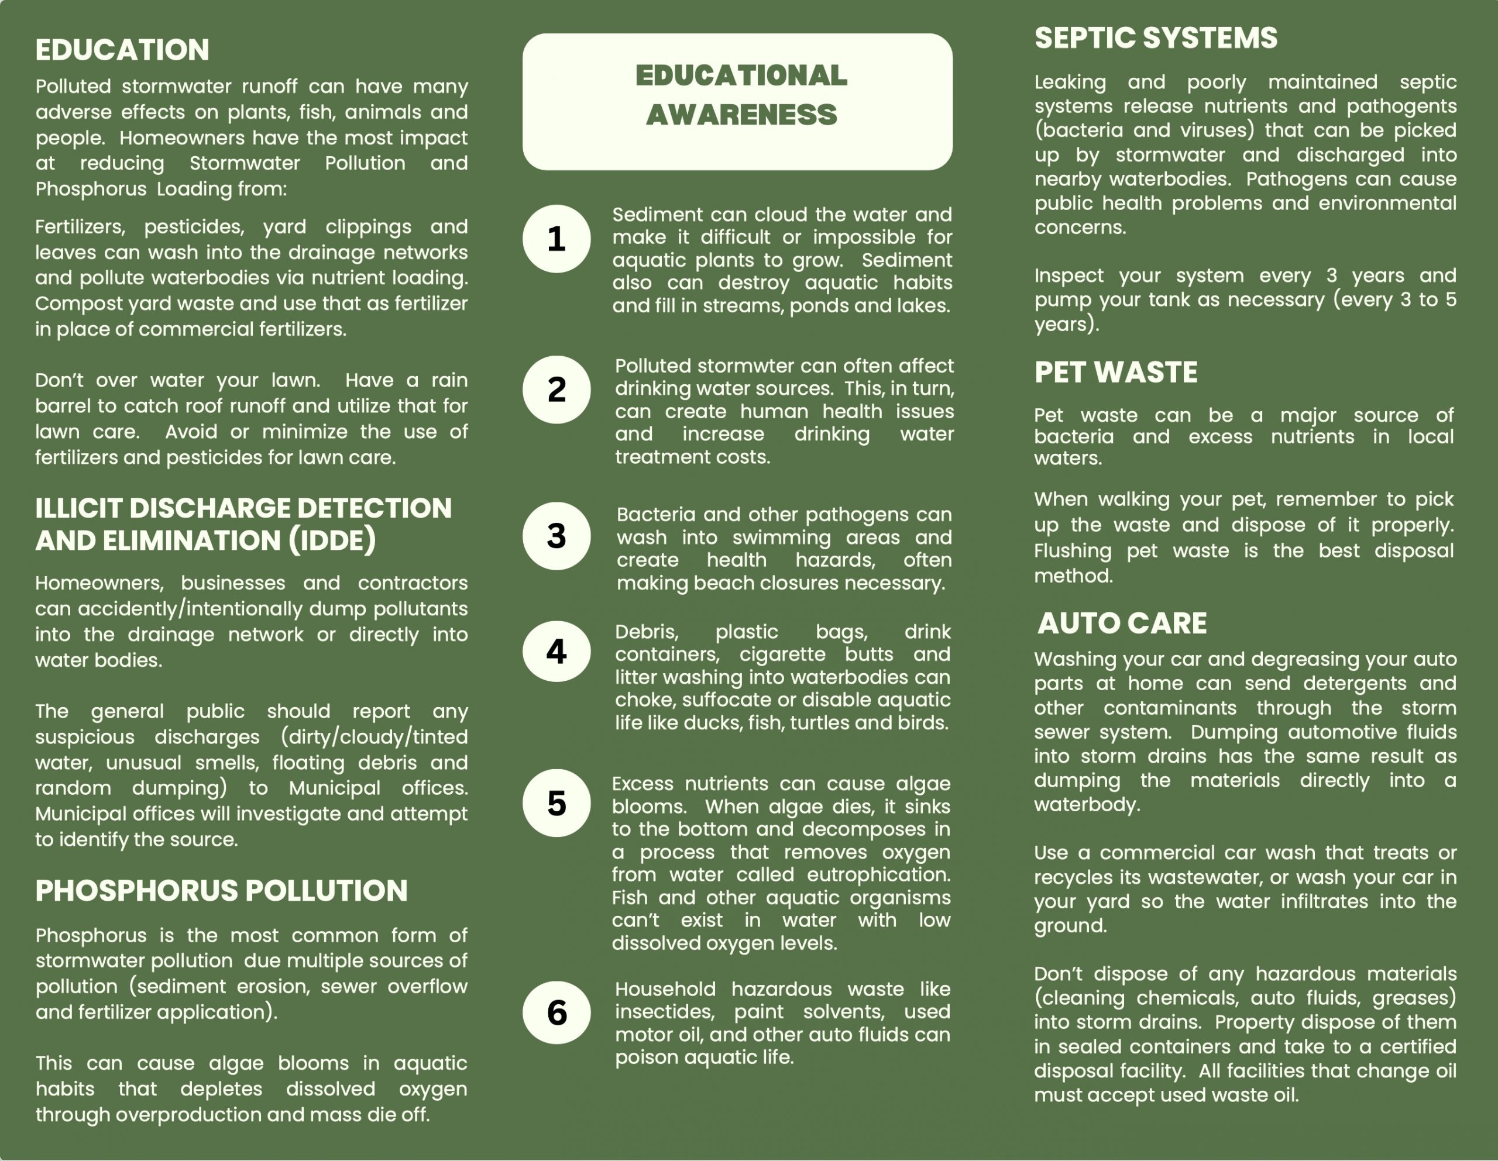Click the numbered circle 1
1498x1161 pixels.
point(556,239)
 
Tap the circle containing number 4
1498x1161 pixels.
point(556,652)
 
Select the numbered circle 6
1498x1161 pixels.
point(556,1012)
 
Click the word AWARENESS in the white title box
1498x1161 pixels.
point(741,115)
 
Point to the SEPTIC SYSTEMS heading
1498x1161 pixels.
point(1156,37)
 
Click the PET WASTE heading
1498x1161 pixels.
point(1116,373)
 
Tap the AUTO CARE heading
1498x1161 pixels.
point(1122,623)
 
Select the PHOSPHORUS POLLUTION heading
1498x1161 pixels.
point(222,890)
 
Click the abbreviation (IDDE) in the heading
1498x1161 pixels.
point(332,540)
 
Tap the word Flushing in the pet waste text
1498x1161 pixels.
point(1073,550)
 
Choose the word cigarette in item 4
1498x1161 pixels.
point(782,654)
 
